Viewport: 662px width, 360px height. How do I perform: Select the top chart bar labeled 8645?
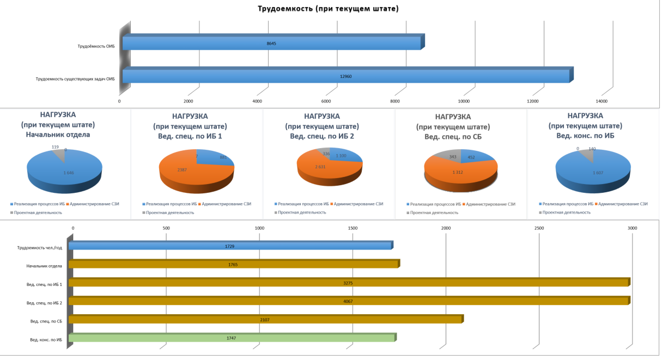[x=271, y=43]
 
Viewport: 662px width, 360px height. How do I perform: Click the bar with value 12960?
[x=345, y=76]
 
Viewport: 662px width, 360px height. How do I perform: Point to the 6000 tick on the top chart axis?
[x=326, y=101]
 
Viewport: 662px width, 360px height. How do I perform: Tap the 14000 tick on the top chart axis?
[x=602, y=101]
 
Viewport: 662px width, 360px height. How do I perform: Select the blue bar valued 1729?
[x=229, y=246]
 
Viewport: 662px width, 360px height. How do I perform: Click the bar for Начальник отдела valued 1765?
[x=233, y=265]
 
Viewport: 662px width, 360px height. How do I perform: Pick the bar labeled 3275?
[x=349, y=283]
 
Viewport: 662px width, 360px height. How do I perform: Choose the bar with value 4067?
[x=349, y=302]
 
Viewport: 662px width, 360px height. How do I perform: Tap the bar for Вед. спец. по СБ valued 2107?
[x=265, y=320]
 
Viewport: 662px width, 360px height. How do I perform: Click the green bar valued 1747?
[x=231, y=339]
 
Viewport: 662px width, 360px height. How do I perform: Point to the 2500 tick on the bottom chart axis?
[x=539, y=228]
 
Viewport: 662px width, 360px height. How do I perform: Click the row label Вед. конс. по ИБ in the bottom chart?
[x=46, y=339]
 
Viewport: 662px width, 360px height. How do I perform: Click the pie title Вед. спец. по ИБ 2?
[x=322, y=136]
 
